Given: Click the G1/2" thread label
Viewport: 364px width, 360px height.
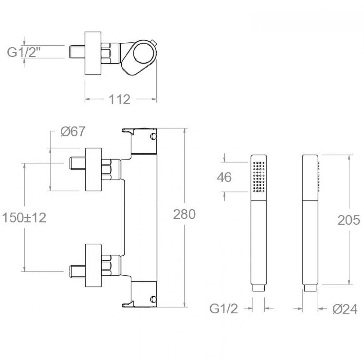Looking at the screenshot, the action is [22, 52].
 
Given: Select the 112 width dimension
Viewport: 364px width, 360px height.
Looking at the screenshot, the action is [120, 99].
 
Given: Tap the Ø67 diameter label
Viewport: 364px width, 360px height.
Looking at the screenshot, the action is [73, 131].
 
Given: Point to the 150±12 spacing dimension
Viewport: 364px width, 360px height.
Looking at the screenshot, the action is [24, 218].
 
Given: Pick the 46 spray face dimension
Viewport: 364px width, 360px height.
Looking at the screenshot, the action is [224, 177].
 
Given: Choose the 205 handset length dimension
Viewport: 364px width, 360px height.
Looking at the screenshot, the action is [349, 220].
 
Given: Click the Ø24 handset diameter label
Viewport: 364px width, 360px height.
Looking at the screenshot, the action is [345, 309].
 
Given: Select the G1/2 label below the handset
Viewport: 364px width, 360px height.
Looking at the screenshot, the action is [224, 309].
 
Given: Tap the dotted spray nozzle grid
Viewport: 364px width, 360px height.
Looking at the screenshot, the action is [259, 177].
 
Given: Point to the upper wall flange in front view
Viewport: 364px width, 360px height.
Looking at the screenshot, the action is [94, 170].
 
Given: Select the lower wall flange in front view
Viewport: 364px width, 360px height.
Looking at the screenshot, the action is [94, 265].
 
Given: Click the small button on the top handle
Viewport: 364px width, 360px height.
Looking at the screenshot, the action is [153, 136].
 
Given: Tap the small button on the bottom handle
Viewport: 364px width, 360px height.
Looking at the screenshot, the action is [153, 299].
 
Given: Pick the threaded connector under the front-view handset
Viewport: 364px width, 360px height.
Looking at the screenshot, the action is [259, 288].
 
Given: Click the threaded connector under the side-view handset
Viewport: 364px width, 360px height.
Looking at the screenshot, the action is [310, 288].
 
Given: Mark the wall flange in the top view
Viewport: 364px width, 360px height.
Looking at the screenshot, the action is [93, 53].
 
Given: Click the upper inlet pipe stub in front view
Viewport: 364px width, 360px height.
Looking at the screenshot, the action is [78, 163].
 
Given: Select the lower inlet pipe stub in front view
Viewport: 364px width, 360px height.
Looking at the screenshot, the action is [78, 271].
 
